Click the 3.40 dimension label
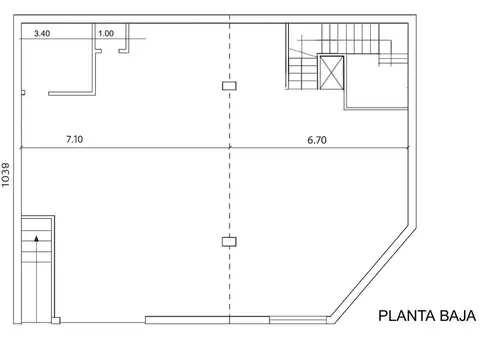[x=43, y=33]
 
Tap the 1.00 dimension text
[x=106, y=33]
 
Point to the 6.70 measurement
[x=317, y=140]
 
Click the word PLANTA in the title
[x=404, y=317]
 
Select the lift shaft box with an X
[x=331, y=73]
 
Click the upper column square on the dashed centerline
[x=229, y=86]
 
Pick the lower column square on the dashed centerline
[x=229, y=240]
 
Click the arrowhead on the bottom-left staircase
[x=36, y=238]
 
